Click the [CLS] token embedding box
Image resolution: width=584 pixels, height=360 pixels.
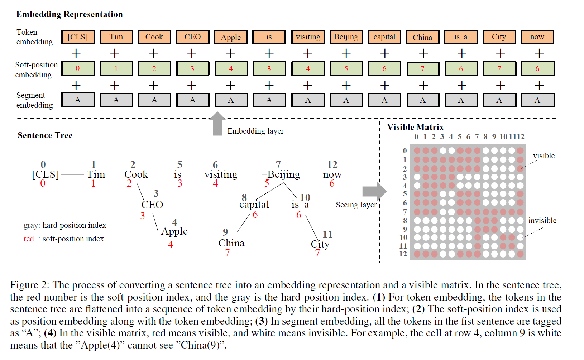pyautogui.click(x=78, y=37)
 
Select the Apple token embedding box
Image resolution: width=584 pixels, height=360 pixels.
pyautogui.click(x=231, y=37)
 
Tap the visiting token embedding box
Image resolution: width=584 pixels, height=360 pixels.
pyautogui.click(x=308, y=37)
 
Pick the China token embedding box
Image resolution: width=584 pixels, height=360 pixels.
pyautogui.click(x=422, y=37)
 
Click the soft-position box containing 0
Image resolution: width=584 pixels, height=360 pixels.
pyautogui.click(x=78, y=68)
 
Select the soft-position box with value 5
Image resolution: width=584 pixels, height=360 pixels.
pyautogui.click(x=346, y=69)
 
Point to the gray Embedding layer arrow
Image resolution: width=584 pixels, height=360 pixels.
pyautogui.click(x=217, y=124)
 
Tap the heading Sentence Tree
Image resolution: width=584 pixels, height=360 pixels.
pyautogui.click(x=45, y=135)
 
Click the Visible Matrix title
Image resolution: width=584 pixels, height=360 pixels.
pyautogui.click(x=415, y=127)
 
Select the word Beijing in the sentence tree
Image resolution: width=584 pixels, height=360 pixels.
pyautogui.click(x=283, y=174)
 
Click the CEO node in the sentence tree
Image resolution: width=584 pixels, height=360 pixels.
pyautogui.click(x=152, y=205)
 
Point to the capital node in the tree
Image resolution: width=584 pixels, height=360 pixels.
pyautogui.click(x=254, y=205)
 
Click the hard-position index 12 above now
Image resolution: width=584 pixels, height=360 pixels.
pyautogui.click(x=332, y=164)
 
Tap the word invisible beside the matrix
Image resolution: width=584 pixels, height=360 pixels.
pyautogui.click(x=542, y=221)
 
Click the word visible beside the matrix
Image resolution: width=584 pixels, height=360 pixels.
pyautogui.click(x=544, y=156)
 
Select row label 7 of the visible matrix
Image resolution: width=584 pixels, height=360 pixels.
pyautogui.click(x=405, y=212)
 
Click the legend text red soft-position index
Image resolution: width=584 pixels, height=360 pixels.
pyautogui.click(x=64, y=239)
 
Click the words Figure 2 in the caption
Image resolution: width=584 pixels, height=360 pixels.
pyautogui.click(x=29, y=285)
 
